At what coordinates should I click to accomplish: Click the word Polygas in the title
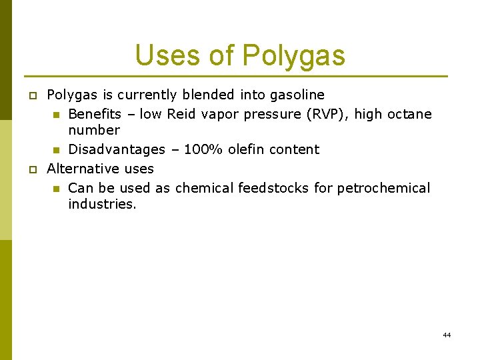pos(294,55)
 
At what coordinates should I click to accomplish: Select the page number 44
pos(447,335)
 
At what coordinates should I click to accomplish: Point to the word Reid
pos(181,114)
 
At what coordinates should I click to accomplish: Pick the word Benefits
pos(95,114)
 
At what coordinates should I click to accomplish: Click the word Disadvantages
pos(117,149)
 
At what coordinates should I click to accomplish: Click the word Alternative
pos(80,169)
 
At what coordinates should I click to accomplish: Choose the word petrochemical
pos(383,188)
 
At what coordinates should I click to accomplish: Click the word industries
pos(102,204)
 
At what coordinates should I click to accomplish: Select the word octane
pos(408,114)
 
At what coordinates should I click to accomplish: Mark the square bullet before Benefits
pos(57,115)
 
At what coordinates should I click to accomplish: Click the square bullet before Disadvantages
pos(57,150)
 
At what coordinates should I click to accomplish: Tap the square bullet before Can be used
pos(57,189)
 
